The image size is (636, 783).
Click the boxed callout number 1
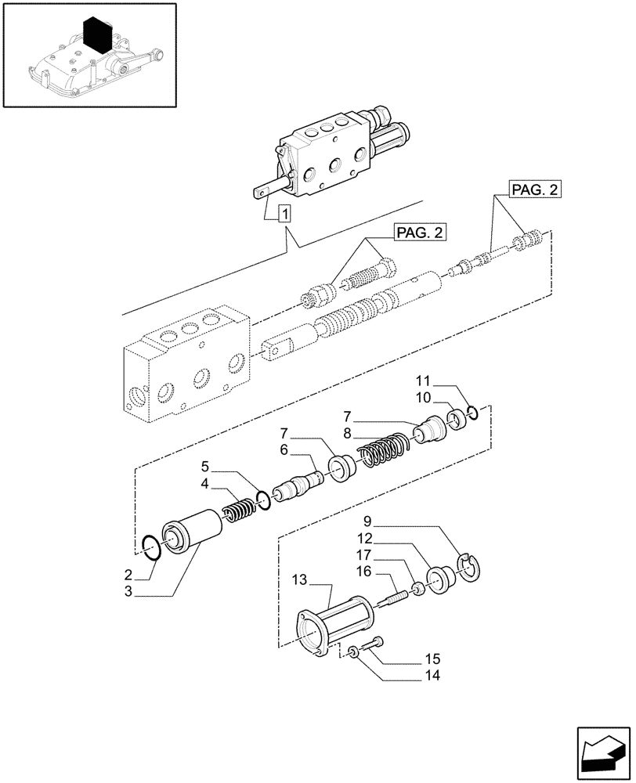pyautogui.click(x=285, y=212)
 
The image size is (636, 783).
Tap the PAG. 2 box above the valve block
pyautogui.click(x=419, y=233)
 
